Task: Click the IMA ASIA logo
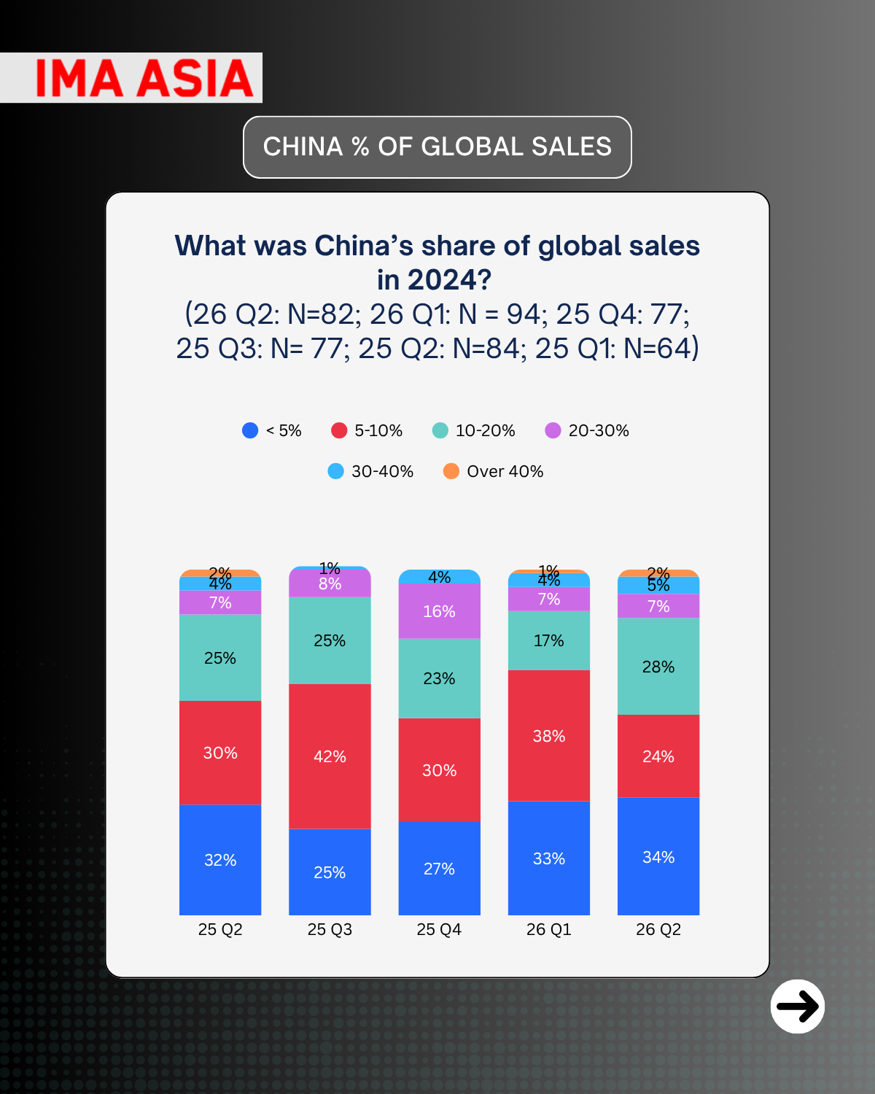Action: pos(144,78)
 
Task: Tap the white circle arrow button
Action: pos(797,1006)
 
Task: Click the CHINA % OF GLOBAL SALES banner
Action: pos(437,147)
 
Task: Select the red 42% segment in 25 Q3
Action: pos(330,756)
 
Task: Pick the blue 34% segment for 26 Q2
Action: pos(658,856)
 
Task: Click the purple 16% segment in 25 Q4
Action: pos(439,611)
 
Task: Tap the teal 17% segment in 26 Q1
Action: pos(549,640)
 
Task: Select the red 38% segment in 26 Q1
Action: pos(549,735)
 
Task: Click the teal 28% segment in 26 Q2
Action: pos(658,666)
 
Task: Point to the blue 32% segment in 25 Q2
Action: pos(220,860)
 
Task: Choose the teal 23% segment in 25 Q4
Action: pos(439,678)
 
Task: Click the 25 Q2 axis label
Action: pos(220,929)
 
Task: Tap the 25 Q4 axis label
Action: pos(439,929)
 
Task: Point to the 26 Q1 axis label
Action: pos(549,929)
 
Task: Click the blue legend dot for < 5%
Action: pos(250,430)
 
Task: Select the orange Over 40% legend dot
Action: pos(451,471)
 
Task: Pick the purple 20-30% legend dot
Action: pos(553,430)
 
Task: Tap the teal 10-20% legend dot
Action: pos(440,430)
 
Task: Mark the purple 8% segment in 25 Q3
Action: pos(330,584)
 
